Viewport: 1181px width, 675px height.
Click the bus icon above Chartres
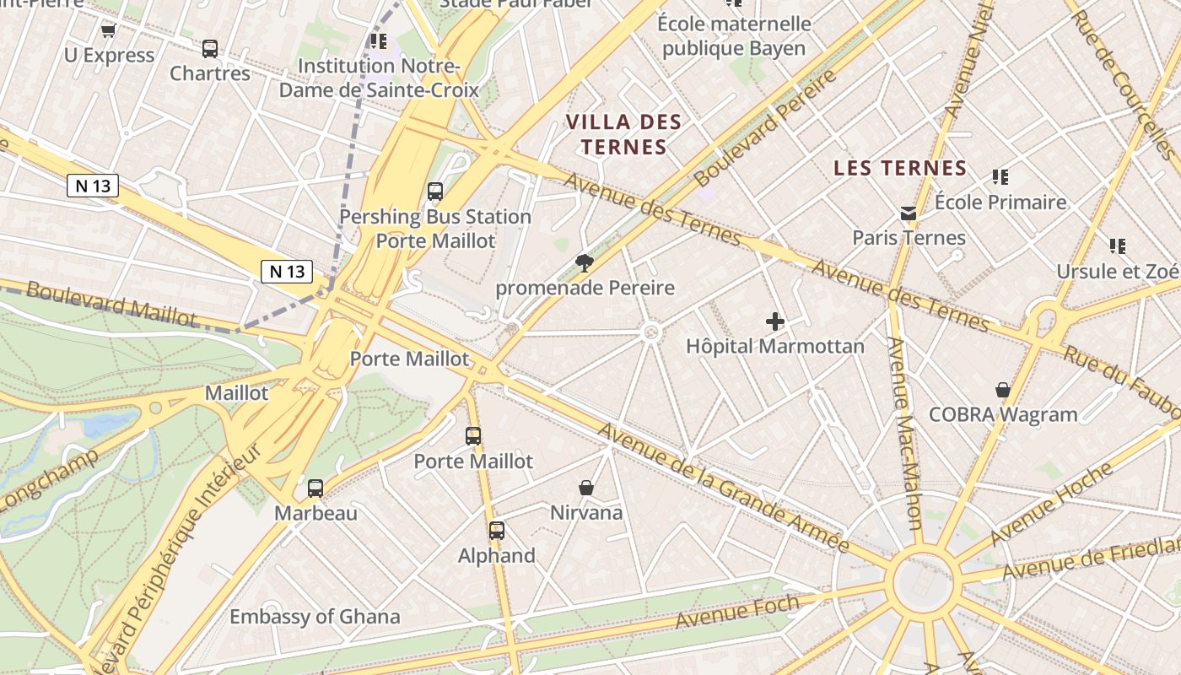click(x=210, y=49)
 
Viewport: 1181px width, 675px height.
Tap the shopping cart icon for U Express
click(x=108, y=31)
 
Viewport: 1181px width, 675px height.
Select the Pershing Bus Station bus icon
click(x=435, y=192)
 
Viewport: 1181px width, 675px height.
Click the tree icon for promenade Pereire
click(x=584, y=263)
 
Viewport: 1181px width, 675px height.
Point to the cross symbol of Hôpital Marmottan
click(x=775, y=321)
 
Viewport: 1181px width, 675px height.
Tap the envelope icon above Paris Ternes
click(x=909, y=213)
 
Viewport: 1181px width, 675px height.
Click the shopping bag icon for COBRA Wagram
click(x=1003, y=390)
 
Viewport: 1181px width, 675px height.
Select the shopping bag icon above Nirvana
click(x=586, y=488)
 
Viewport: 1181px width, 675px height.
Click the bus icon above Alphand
click(x=497, y=531)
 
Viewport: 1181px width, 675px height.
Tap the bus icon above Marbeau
click(x=315, y=488)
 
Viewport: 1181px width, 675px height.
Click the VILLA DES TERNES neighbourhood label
click(x=623, y=134)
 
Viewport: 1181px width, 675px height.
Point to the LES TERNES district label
click(x=900, y=168)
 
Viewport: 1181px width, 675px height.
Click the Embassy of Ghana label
click(x=315, y=617)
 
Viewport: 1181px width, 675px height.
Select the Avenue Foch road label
click(x=737, y=612)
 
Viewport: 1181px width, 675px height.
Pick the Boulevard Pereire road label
click(x=766, y=128)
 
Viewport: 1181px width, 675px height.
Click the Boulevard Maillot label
click(x=111, y=304)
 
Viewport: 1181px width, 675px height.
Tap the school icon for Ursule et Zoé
click(x=1118, y=246)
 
